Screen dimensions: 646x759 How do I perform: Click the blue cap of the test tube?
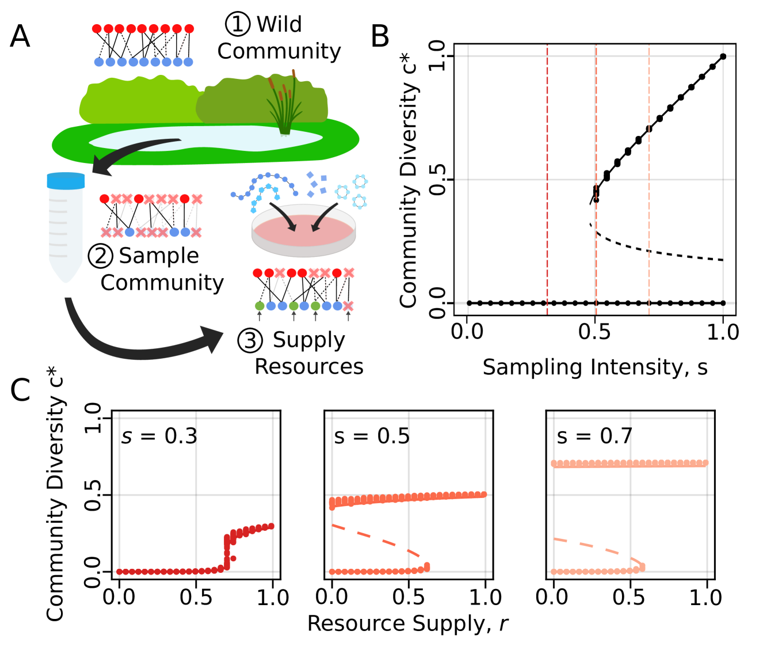point(66,181)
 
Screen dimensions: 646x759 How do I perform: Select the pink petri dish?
point(303,230)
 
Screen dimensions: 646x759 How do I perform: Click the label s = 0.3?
point(159,436)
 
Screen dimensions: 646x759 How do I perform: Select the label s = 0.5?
point(372,436)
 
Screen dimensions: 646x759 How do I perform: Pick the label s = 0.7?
point(594,436)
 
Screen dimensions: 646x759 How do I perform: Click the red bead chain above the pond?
point(143,29)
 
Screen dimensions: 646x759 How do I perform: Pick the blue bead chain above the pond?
point(143,62)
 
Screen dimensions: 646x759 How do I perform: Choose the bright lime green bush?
point(138,101)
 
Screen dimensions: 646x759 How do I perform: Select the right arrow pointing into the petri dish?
point(324,216)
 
